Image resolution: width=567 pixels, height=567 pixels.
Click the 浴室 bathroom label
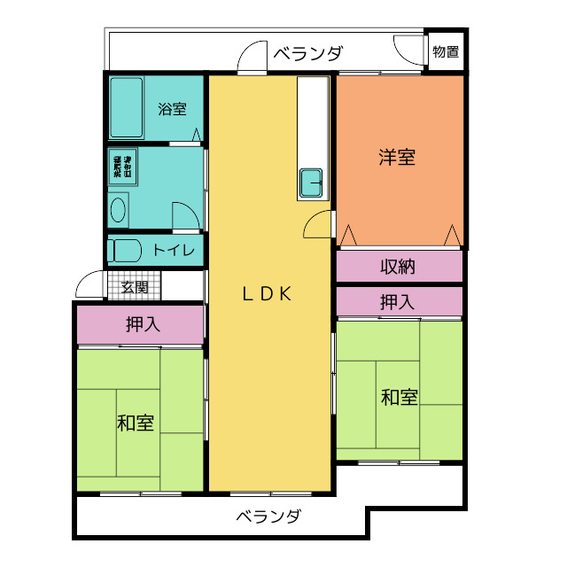tap(172, 110)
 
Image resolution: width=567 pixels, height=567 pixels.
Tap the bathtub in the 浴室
tap(127, 107)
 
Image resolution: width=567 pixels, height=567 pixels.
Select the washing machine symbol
tap(121, 166)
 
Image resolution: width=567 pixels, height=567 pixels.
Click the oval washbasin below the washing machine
tap(119, 211)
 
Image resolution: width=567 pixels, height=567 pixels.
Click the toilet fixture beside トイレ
tap(123, 250)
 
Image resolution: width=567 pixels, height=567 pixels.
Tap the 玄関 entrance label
tap(135, 287)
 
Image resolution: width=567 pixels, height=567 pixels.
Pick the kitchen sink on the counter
tap(312, 183)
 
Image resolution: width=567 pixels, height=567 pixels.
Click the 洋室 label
tap(398, 158)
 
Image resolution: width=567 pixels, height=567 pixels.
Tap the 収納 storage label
tap(398, 266)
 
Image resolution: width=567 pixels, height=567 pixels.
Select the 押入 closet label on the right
tap(397, 302)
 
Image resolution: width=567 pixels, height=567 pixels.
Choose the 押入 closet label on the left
tap(143, 324)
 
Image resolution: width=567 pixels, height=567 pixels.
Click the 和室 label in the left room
tap(136, 423)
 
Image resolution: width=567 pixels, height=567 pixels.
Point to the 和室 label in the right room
tap(400, 398)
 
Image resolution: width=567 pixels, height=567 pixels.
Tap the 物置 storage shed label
tap(446, 51)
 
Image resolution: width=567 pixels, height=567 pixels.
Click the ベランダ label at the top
tap(307, 53)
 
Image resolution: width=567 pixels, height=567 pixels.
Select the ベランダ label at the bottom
tap(268, 517)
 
